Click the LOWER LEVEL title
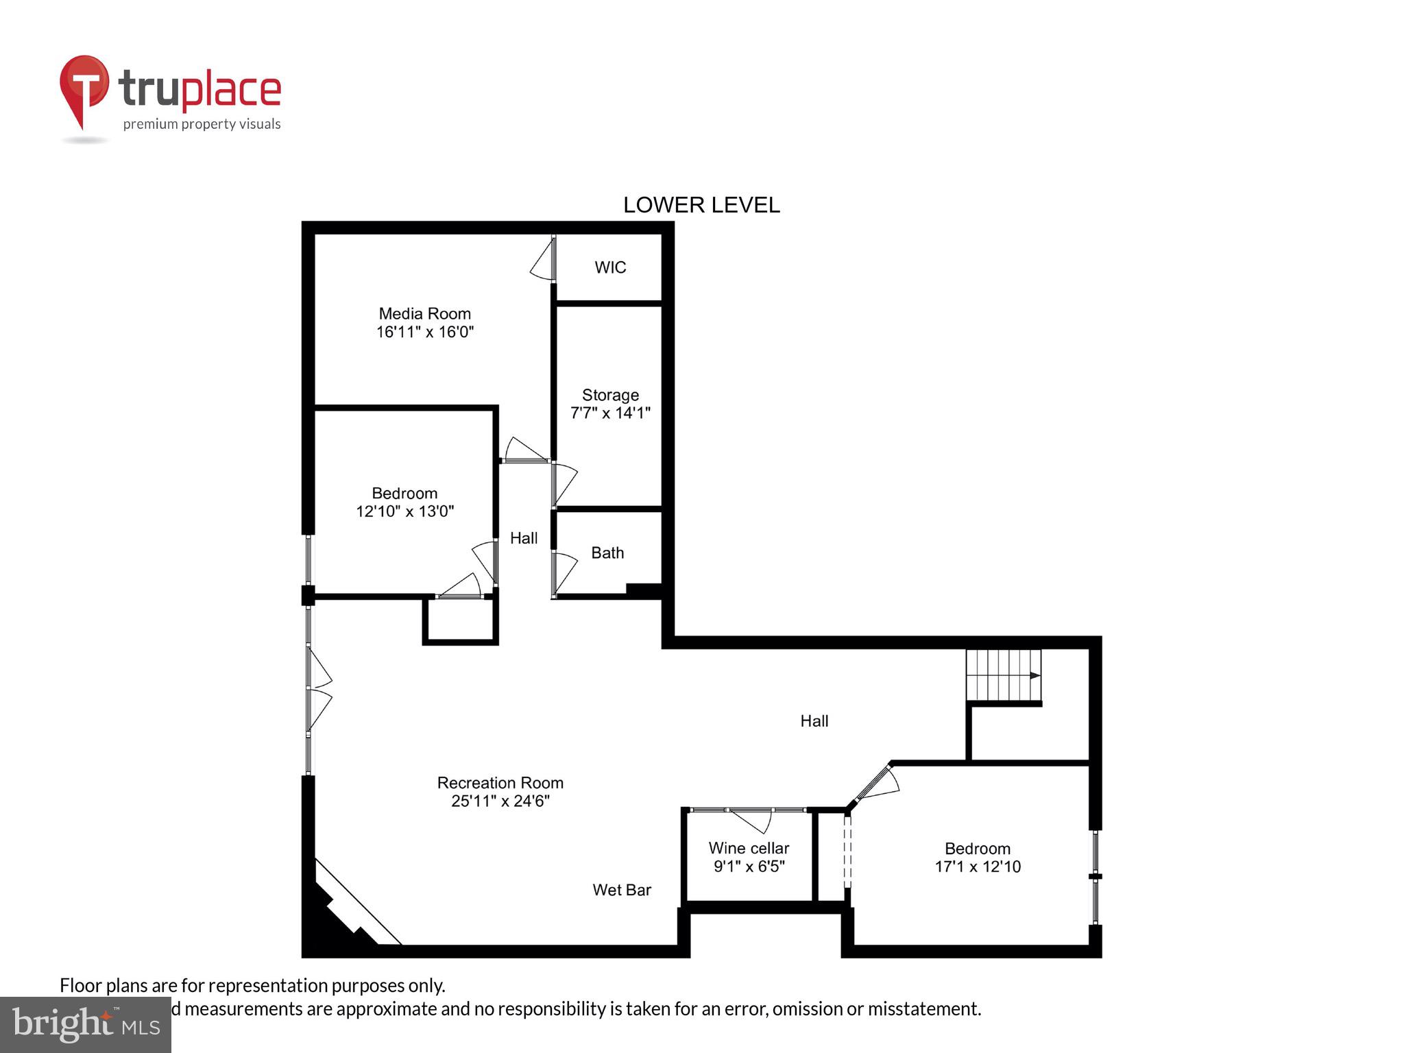701,205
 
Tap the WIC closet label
610,267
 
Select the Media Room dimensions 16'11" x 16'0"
425,332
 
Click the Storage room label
610,395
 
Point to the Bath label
607,553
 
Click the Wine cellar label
749,848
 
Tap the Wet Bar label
622,890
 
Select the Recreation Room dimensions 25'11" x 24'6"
500,801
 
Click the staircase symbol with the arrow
1004,676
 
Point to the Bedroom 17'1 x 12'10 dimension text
978,867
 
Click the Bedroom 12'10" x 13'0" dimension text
404,511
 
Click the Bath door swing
565,572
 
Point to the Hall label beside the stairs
814,721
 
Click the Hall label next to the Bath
524,538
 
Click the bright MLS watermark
86,1025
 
